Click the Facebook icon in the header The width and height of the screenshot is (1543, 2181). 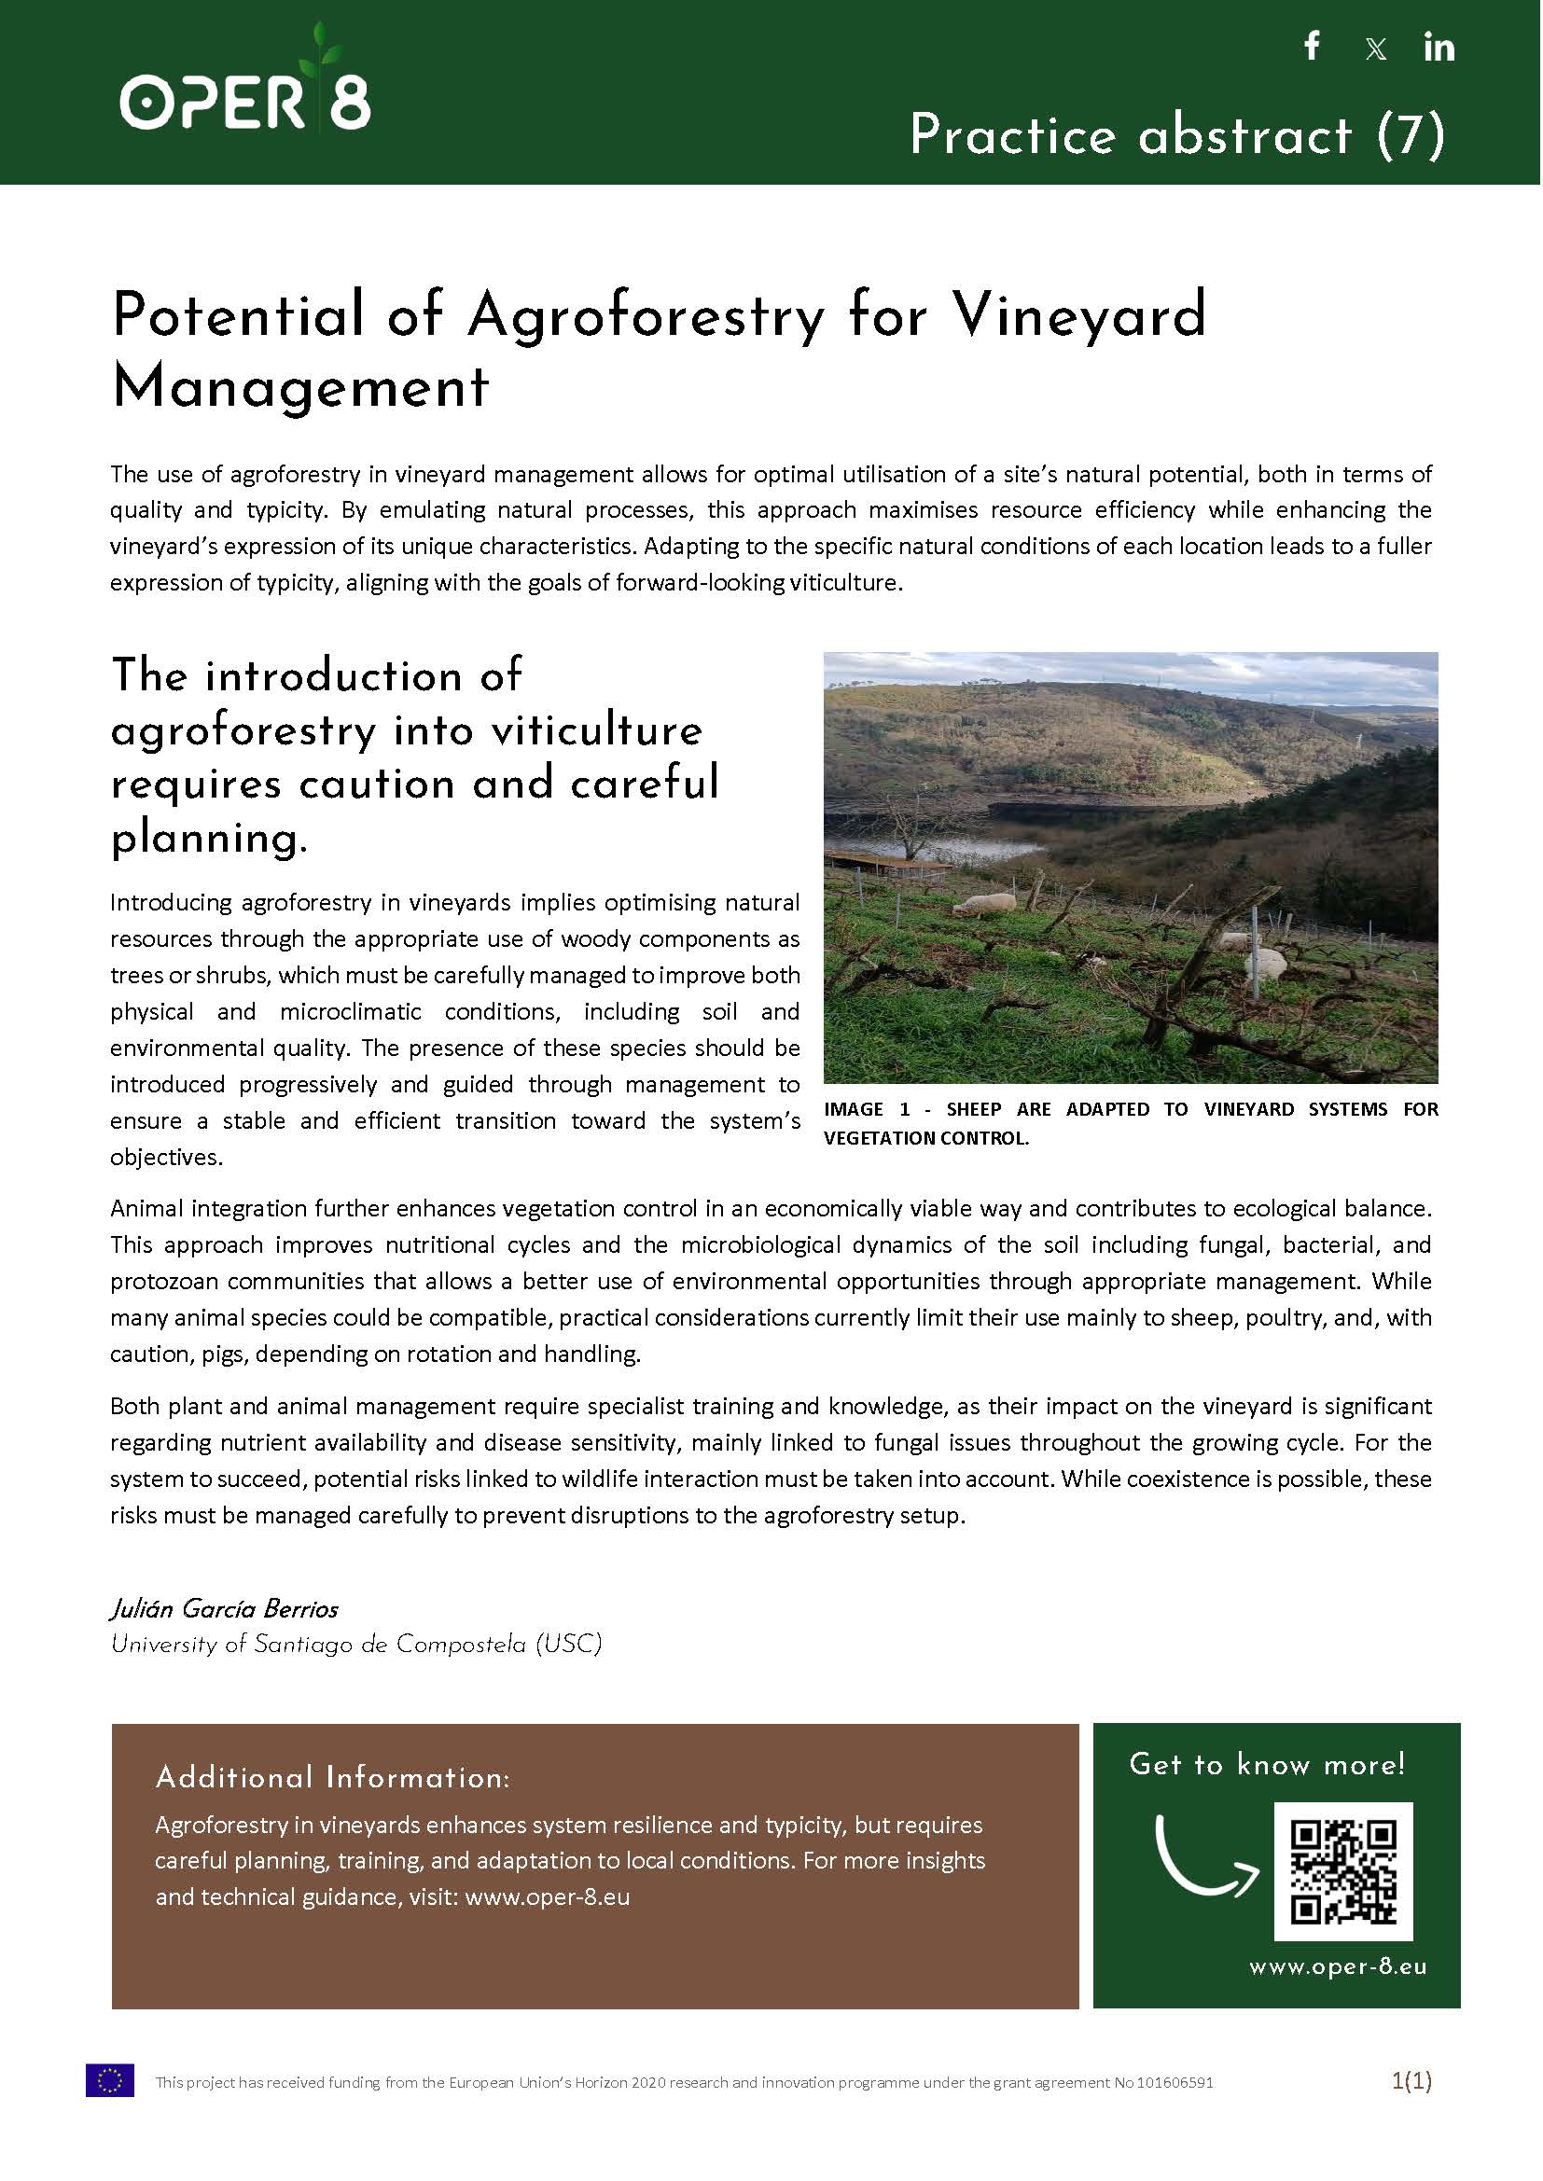coord(1313,46)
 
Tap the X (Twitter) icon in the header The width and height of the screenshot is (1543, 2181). coord(1375,49)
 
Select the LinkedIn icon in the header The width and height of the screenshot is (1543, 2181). coord(1439,47)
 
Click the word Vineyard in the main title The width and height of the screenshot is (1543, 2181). coord(1079,315)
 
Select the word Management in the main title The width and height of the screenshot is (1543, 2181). coord(300,386)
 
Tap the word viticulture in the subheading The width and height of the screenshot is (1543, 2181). coord(597,730)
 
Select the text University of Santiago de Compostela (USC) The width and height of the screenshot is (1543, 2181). coord(356,1645)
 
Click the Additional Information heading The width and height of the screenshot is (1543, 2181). coord(332,1777)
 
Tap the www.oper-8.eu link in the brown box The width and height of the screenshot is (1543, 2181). coord(548,1897)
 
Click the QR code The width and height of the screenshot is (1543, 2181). coord(1342,1870)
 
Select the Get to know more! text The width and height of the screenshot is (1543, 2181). coord(1267,1765)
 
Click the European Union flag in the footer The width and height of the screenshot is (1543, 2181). coord(110,2080)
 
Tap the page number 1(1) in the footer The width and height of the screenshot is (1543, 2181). coord(1411,2081)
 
